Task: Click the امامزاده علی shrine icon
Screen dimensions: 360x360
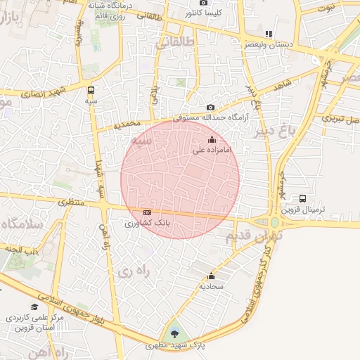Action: coord(212,140)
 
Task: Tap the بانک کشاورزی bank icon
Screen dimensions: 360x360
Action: coord(147,212)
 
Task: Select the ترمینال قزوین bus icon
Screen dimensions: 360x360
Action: coord(302,198)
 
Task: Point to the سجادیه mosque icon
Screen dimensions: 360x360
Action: coord(212,276)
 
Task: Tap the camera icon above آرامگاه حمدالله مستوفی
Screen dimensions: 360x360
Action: coord(211,107)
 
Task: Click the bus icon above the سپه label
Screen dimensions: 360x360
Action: coord(91,90)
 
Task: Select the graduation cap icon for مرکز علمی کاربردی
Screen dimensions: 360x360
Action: coord(34,307)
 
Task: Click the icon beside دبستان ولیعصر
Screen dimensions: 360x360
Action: coord(268,34)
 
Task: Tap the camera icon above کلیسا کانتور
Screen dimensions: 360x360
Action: coord(204,3)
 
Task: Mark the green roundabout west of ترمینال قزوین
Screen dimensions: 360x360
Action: coord(274,223)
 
